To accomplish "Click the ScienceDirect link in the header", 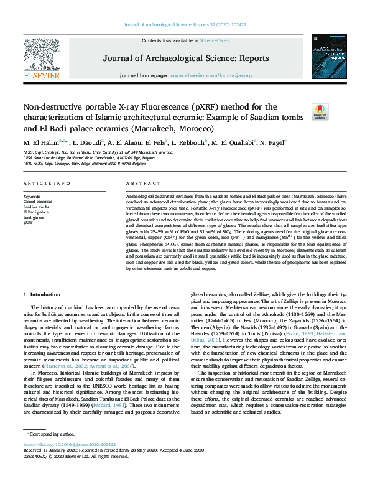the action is click(215, 40).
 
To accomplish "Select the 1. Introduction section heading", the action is click(42, 293).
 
